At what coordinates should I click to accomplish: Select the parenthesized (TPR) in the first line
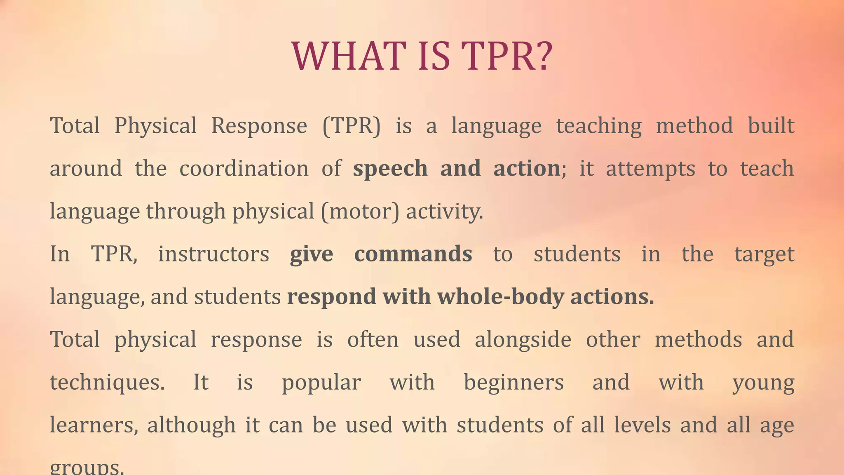coord(352,126)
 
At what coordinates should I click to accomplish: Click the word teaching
coord(599,126)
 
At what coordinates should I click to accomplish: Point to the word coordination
coord(244,169)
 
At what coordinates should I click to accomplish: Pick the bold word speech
coord(390,169)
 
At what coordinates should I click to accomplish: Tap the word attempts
coord(650,169)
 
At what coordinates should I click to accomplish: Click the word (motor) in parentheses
coord(360,212)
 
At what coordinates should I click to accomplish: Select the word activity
coord(444,212)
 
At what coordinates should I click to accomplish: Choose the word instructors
coord(213,254)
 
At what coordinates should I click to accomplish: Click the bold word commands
coord(413,254)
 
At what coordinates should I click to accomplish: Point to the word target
coord(764,254)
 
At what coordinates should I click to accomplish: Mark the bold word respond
coord(331,297)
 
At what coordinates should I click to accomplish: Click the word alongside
coord(523,340)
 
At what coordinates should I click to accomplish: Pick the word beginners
coord(513,383)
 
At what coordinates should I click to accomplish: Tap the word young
coord(763,383)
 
